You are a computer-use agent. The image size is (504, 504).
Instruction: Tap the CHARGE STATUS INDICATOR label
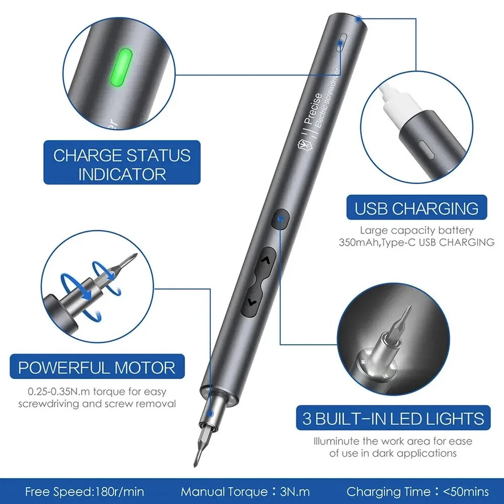point(122,164)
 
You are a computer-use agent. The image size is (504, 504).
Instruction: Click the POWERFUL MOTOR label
point(97,367)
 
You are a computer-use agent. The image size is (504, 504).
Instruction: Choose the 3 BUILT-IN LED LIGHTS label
point(393,418)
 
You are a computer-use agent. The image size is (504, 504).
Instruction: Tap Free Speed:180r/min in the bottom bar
point(85,492)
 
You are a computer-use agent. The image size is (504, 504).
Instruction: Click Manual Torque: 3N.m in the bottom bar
point(245,492)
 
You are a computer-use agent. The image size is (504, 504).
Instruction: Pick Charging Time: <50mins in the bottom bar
point(417,492)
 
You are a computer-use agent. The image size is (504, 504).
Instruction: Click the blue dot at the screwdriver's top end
point(358,19)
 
